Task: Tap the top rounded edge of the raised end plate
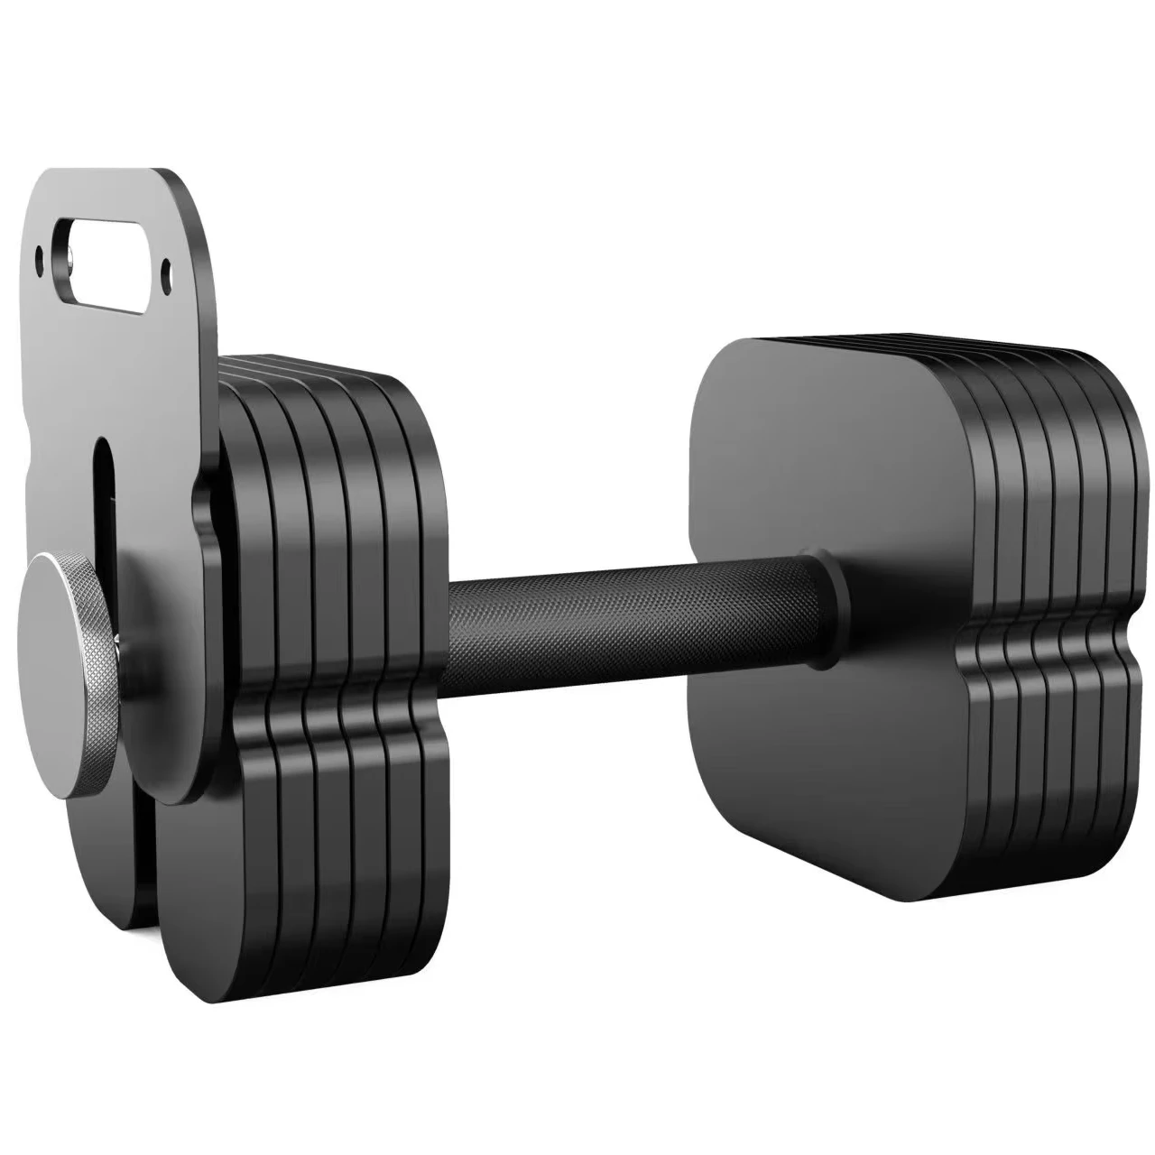coord(117,173)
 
